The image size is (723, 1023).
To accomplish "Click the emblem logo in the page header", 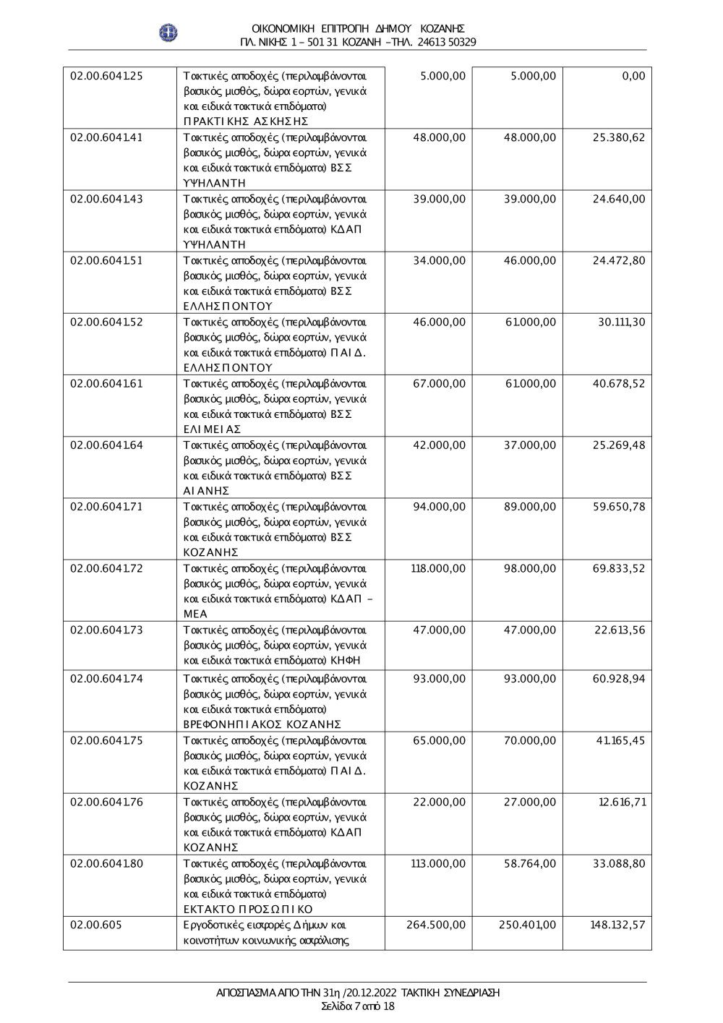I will point(168,33).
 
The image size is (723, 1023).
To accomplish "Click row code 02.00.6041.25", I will point(106,76).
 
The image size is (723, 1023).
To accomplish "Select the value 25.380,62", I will point(619,137).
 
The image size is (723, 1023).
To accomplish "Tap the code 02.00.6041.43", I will point(106,199).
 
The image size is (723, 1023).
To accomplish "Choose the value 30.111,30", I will point(622,322).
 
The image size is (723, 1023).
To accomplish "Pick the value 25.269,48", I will point(619,445).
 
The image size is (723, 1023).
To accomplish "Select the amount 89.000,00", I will point(530,506).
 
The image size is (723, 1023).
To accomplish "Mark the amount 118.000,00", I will point(438,568).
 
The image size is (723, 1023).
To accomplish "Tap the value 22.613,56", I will point(620,630).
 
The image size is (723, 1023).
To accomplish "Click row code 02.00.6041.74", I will point(106,679).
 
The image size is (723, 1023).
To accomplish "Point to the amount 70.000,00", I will point(530,740).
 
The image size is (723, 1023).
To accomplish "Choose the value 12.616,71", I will point(622,802).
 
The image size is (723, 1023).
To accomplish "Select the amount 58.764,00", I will point(530,863).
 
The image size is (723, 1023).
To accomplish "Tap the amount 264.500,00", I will point(437,925).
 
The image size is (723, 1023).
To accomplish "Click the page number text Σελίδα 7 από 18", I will point(358,1006).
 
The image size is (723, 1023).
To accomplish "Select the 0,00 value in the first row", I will point(633,76).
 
